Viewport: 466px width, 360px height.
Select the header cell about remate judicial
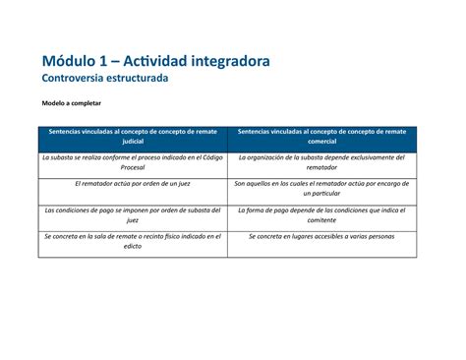tap(133, 137)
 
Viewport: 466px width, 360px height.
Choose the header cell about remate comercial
tap(321, 137)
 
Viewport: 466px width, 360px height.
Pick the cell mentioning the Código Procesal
tap(133, 163)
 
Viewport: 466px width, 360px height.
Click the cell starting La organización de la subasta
tap(321, 163)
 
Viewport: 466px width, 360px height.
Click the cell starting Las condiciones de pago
tap(133, 215)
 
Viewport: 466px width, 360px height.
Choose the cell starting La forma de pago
tap(321, 215)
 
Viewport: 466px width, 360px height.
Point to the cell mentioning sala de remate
tap(133, 242)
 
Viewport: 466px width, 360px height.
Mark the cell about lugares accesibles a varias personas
tap(321, 237)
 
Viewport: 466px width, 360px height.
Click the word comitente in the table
tap(321, 221)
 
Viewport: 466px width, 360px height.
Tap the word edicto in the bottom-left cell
tap(133, 248)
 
